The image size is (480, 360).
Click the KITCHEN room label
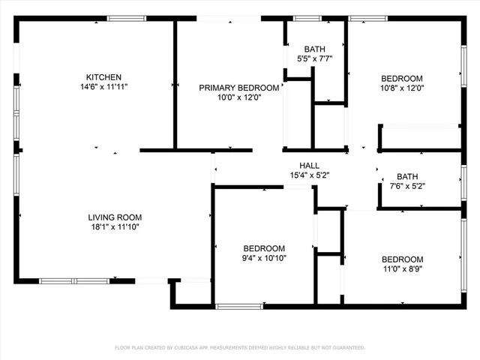[x=103, y=77]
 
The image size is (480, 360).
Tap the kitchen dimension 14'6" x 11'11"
[x=103, y=87]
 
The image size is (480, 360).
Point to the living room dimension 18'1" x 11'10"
[x=113, y=226]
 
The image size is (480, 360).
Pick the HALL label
[x=310, y=166]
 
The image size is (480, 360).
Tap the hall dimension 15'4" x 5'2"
[x=310, y=175]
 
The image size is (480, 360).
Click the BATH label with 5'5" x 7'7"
[x=314, y=49]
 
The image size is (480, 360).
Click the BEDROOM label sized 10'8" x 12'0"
[x=402, y=78]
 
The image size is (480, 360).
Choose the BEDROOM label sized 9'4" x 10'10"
[x=264, y=248]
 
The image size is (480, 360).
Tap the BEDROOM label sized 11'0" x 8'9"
[x=402, y=259]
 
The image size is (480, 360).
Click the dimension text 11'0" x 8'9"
[x=402, y=269]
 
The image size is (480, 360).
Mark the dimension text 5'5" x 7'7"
[x=314, y=58]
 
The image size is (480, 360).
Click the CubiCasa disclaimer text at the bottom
[x=239, y=348]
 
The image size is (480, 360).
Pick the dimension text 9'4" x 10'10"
[x=264, y=258]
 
